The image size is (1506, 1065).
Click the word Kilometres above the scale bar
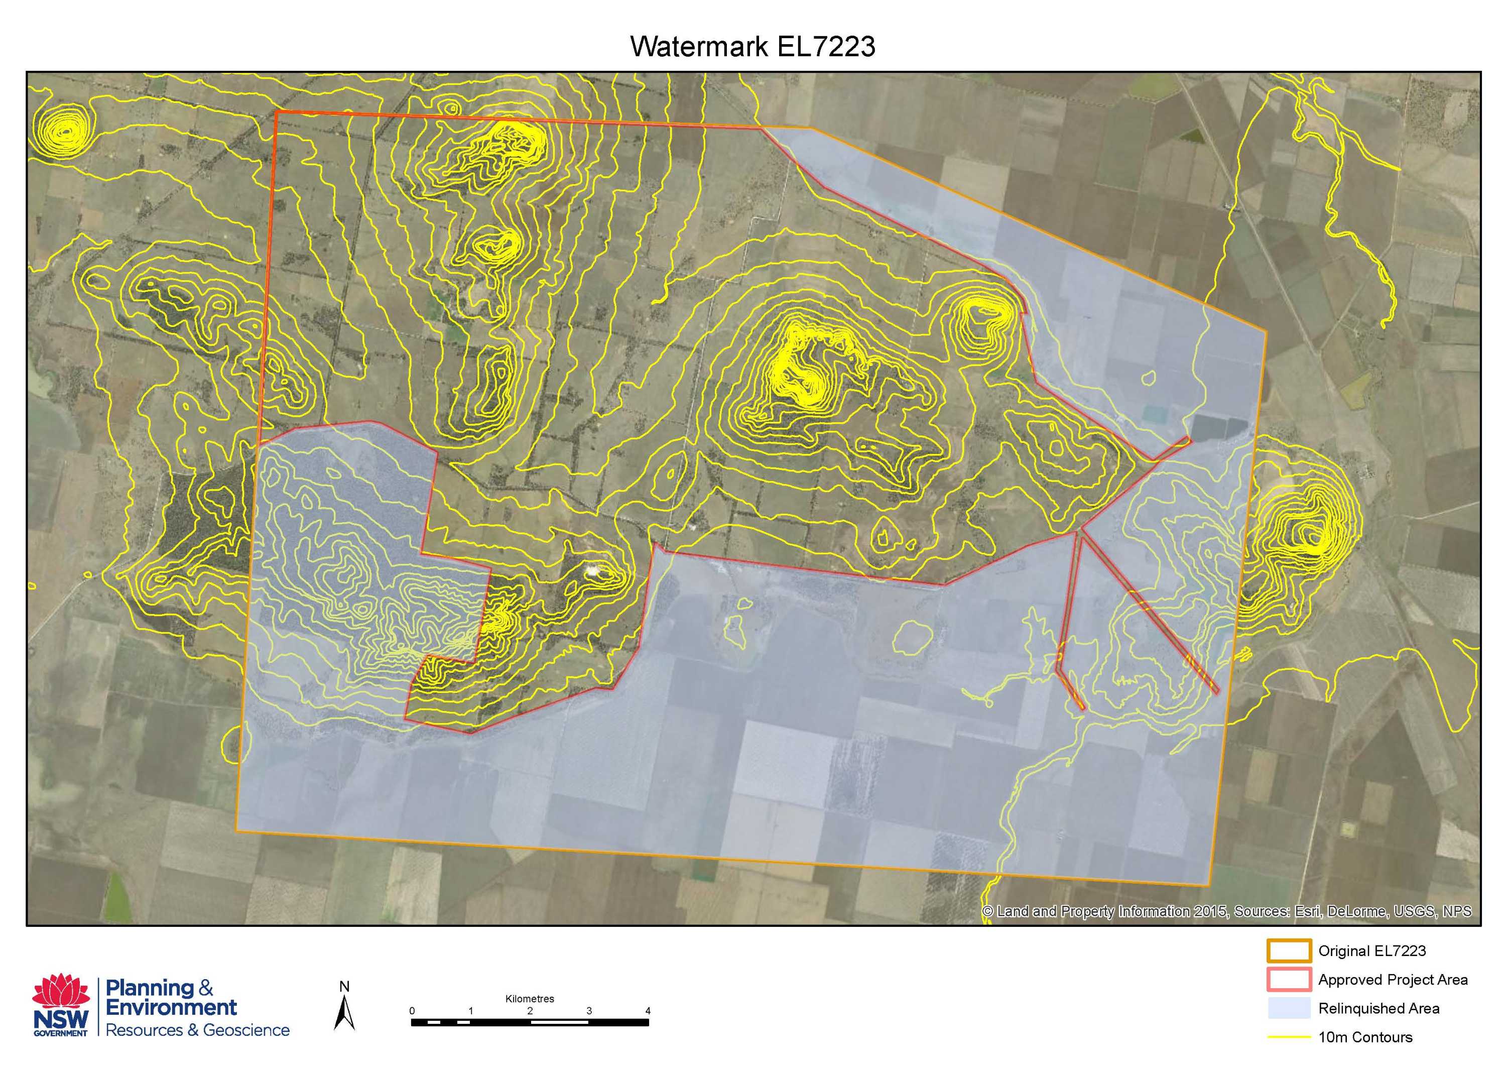point(529,999)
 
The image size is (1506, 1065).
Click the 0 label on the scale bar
point(412,1011)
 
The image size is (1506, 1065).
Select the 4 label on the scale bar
point(648,1011)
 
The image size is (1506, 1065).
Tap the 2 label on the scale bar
point(530,1011)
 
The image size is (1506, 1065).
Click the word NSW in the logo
point(60,1020)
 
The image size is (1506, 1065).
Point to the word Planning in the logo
point(149,988)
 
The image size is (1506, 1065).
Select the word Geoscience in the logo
point(246,1030)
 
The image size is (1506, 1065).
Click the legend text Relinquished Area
point(1379,1009)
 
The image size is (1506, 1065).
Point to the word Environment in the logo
point(171,1007)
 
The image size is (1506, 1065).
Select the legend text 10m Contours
point(1365,1037)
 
